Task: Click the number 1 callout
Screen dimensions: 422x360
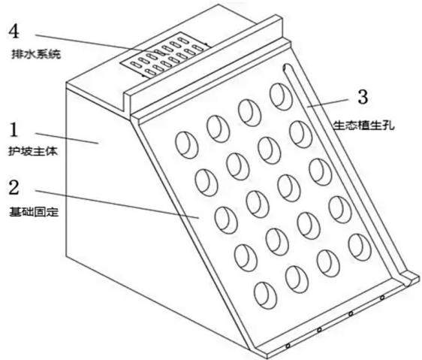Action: coord(14,129)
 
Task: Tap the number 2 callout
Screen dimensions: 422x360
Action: coord(14,187)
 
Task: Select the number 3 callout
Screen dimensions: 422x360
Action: coord(363,97)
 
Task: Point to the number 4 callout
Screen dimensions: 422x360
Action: coord(14,32)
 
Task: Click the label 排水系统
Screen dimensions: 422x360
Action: coord(36,54)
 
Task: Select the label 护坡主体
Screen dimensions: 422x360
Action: coord(33,151)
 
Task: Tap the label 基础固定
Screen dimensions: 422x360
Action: coord(34,212)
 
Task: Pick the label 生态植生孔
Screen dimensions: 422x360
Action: coord(364,126)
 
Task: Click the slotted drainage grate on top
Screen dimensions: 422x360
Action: coord(165,55)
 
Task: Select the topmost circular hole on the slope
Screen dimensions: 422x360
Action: coord(281,97)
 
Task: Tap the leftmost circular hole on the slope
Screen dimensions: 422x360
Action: coord(187,145)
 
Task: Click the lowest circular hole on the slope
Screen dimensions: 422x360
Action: coord(265,296)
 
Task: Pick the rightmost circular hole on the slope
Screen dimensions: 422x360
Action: coord(360,247)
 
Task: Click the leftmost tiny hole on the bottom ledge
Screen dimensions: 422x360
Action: coord(288,346)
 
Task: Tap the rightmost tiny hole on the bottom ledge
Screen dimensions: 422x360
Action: coord(382,298)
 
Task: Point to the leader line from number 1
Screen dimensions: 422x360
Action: coord(67,138)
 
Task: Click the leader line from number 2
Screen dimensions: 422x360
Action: coord(117,204)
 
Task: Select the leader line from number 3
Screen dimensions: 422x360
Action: coord(328,103)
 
